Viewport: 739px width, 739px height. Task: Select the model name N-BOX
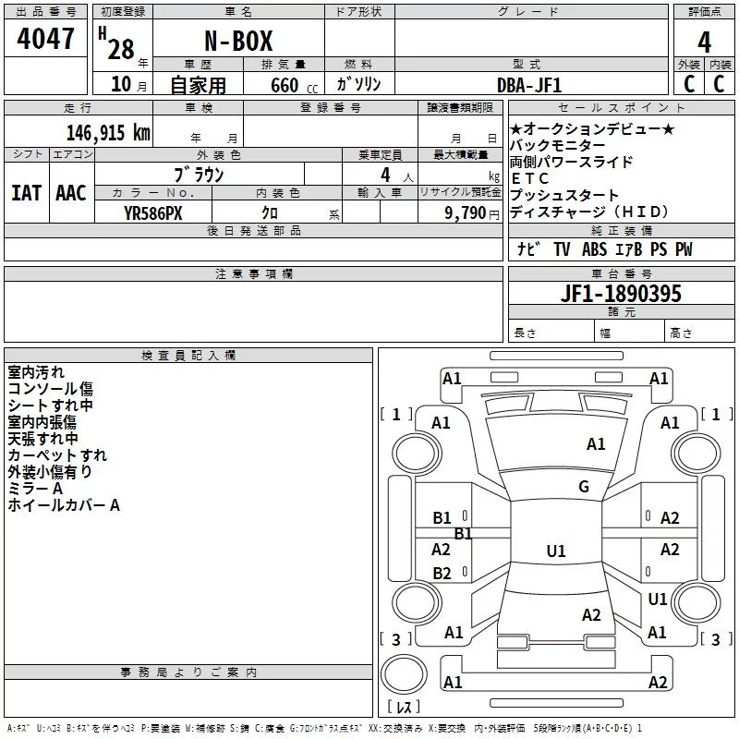coord(237,42)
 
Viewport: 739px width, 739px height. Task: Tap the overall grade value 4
coord(704,42)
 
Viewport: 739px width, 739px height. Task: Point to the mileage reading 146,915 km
coord(107,132)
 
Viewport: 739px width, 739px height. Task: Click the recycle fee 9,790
coord(466,212)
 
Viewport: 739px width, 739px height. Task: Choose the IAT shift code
coord(27,193)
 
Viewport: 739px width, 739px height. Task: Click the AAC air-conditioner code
coord(71,193)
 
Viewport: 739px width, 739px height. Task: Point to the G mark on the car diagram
coord(584,487)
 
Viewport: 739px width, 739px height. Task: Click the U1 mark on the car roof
coord(555,551)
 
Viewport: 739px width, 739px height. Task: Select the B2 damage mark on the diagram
coord(442,574)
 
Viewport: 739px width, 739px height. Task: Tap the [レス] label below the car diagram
coord(404,708)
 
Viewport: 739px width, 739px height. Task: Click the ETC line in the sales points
coord(530,178)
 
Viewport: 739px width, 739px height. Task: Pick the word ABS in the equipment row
coord(595,249)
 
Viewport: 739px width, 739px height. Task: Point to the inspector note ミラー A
coord(35,488)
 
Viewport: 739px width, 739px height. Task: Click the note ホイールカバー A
coord(64,505)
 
